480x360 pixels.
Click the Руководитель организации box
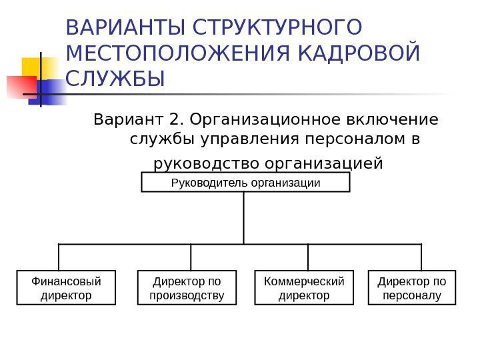pyautogui.click(x=245, y=183)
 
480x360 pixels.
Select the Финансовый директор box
pyautogui.click(x=66, y=287)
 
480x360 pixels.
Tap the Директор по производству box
pyautogui.click(x=187, y=287)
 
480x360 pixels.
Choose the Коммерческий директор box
pyautogui.click(x=305, y=287)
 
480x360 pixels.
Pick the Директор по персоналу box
pyautogui.click(x=412, y=287)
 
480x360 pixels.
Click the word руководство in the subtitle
pyautogui.click(x=207, y=163)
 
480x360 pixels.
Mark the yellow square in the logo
pyautogui.click(x=38, y=67)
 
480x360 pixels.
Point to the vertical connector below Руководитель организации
pyautogui.click(x=244, y=218)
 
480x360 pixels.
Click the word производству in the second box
pyautogui.click(x=187, y=294)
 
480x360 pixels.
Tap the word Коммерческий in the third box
pyautogui.click(x=305, y=281)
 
